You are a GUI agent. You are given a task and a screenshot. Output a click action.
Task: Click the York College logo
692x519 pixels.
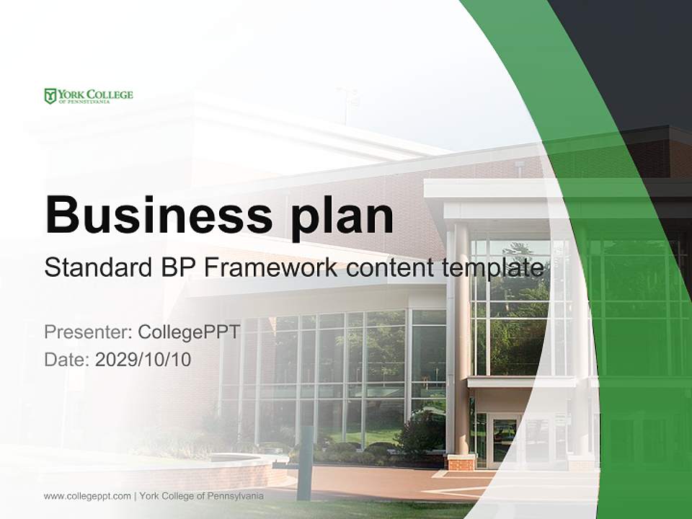[x=89, y=96]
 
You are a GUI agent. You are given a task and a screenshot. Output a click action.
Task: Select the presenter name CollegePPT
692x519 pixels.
[x=189, y=332]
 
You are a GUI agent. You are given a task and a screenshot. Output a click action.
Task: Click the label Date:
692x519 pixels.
[x=67, y=359]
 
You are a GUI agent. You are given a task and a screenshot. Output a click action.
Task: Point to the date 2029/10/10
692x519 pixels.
[x=143, y=359]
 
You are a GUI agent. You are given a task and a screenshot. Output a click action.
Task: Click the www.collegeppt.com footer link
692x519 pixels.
[x=87, y=496]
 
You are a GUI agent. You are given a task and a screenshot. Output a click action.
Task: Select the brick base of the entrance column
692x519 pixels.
[x=461, y=462]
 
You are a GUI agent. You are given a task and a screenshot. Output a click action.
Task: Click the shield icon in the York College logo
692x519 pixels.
[x=50, y=96]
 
